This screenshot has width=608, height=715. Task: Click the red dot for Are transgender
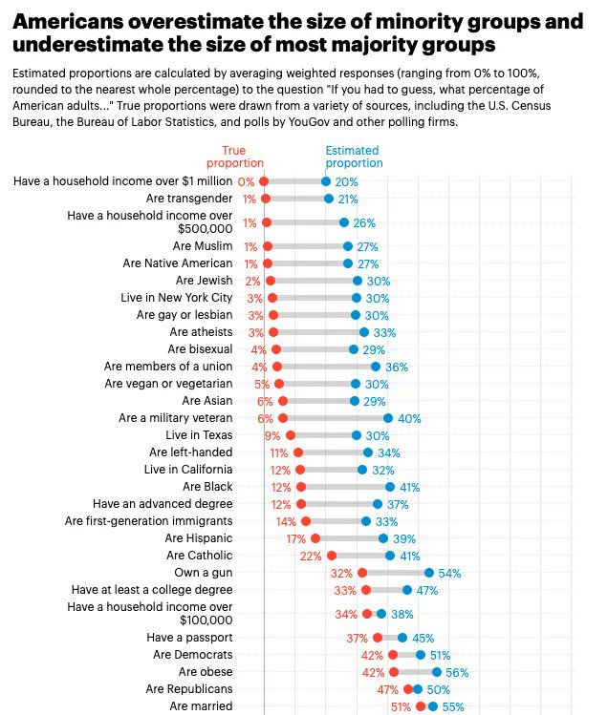pos(266,199)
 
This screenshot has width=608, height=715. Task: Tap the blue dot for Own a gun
pos(430,573)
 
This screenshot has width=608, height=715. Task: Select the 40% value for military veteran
pos(409,418)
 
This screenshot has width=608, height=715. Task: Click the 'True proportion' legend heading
pos(234,157)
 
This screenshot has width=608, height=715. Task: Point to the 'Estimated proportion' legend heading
pos(353,157)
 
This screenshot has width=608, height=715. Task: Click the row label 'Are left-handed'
pos(190,452)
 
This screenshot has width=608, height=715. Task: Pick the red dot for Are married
pos(421,706)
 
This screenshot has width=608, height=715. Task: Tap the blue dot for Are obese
pos(437,672)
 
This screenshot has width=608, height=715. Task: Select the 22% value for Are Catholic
pos(311,556)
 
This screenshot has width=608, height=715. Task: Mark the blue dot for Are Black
pos(390,487)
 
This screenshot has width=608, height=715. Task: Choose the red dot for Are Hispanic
pos(315,538)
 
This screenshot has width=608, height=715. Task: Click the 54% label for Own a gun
pos(449,573)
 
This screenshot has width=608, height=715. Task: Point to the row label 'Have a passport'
pos(189,638)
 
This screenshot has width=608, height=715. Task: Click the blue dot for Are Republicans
pos(418,689)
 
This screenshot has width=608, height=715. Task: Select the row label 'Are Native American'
pos(178,263)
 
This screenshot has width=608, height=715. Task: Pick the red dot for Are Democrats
pos(393,655)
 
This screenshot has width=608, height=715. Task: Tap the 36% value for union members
pos(397,367)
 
